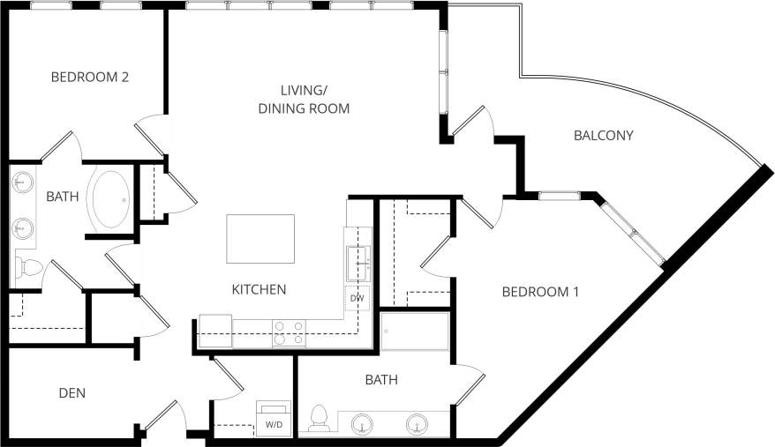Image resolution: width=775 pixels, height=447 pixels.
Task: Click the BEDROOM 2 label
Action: [90, 77]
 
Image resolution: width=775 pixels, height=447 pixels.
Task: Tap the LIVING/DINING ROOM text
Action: [304, 100]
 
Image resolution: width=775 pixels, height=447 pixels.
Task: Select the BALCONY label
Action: [604, 135]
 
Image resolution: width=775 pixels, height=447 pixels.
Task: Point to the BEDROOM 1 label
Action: [540, 291]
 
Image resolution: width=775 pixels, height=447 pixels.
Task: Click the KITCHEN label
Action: [259, 289]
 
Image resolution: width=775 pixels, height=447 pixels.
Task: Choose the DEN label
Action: [71, 392]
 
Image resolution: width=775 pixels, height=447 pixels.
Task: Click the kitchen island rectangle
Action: [260, 238]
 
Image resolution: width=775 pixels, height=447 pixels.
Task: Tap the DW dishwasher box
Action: [357, 298]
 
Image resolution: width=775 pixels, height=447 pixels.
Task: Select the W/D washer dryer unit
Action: [273, 418]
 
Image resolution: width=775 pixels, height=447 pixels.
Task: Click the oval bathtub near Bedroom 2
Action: [110, 199]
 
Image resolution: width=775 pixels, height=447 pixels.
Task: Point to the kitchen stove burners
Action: [289, 332]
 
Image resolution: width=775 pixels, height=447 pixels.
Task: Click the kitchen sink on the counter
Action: [357, 263]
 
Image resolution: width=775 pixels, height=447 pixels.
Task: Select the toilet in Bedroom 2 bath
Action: [30, 265]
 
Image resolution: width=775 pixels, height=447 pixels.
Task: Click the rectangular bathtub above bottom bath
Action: [415, 332]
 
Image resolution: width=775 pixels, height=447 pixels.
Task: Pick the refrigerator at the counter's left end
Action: [214, 331]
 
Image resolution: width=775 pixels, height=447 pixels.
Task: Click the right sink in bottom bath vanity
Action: [417, 425]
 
